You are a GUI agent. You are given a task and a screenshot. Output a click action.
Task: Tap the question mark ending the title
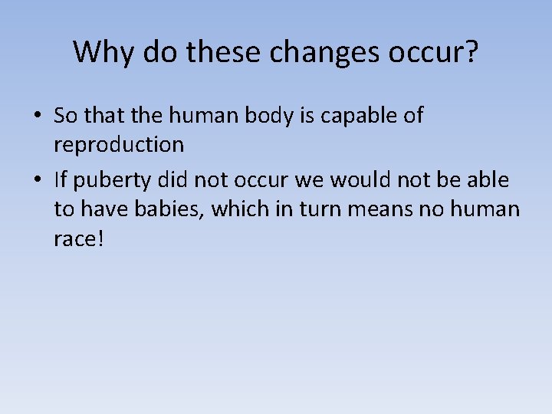pyautogui.click(x=471, y=52)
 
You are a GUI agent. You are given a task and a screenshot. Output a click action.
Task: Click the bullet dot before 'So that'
pyautogui.click(x=37, y=117)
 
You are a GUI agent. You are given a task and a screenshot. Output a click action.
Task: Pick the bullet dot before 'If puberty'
pyautogui.click(x=37, y=180)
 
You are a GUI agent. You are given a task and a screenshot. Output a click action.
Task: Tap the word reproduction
pyautogui.click(x=119, y=144)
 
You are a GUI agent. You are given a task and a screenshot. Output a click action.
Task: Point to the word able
pyautogui.click(x=489, y=179)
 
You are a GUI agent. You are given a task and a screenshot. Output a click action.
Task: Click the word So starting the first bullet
pyautogui.click(x=65, y=116)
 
